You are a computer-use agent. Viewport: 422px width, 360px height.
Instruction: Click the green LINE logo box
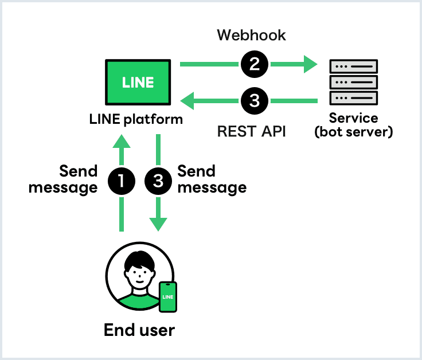[x=138, y=82]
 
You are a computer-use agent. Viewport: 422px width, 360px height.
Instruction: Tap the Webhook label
[x=251, y=36]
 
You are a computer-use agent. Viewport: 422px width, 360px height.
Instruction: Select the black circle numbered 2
[x=254, y=64]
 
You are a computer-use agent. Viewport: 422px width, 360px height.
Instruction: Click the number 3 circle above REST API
[x=254, y=102]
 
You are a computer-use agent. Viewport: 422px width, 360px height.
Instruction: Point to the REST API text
[x=251, y=131]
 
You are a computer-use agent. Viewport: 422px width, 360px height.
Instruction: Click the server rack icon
[x=354, y=82]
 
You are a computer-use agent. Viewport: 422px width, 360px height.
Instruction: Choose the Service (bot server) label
[x=354, y=125]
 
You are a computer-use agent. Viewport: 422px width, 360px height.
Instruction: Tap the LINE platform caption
[x=136, y=119]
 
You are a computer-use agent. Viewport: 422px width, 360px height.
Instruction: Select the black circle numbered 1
[x=122, y=181]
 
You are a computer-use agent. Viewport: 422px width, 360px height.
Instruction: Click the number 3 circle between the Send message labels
[x=158, y=181]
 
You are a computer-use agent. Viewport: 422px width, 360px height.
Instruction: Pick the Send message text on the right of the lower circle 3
[x=212, y=179]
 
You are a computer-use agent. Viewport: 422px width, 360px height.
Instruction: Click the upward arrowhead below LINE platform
[x=122, y=142]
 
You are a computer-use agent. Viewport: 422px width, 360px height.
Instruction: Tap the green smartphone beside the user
[x=167, y=297]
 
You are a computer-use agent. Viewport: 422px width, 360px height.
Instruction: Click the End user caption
[x=139, y=330]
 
